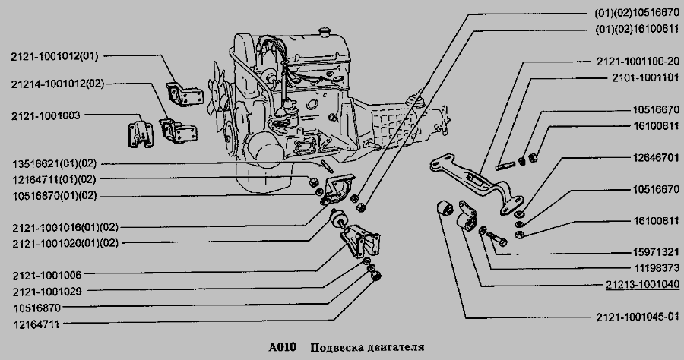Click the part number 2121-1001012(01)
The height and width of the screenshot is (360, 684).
55,56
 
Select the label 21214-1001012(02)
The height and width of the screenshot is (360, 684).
58,84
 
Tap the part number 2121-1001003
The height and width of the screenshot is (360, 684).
46,116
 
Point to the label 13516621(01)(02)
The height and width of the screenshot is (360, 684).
55,164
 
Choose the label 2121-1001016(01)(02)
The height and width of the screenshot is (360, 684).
65,227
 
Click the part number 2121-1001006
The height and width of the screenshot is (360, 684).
47,275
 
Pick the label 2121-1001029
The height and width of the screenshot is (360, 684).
47,292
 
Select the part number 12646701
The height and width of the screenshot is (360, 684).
656,157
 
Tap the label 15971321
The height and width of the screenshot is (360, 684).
656,252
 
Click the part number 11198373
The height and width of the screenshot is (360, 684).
656,268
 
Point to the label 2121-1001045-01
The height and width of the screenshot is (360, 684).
638,317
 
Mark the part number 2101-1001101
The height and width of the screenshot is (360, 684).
645,77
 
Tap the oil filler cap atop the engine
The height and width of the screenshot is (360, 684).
325,32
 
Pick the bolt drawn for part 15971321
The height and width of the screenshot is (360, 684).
496,238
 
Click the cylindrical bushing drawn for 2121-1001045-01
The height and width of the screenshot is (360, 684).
445,208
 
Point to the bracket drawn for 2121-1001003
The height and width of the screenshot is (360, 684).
140,134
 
